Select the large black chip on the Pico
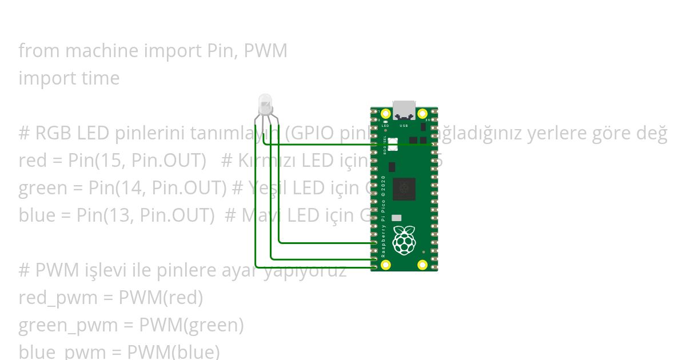coord(404,189)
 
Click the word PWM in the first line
coord(265,51)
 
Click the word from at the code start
coord(39,51)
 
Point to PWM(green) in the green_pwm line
coord(191,325)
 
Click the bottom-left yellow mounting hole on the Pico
coord(386,265)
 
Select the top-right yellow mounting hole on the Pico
coord(422,114)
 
